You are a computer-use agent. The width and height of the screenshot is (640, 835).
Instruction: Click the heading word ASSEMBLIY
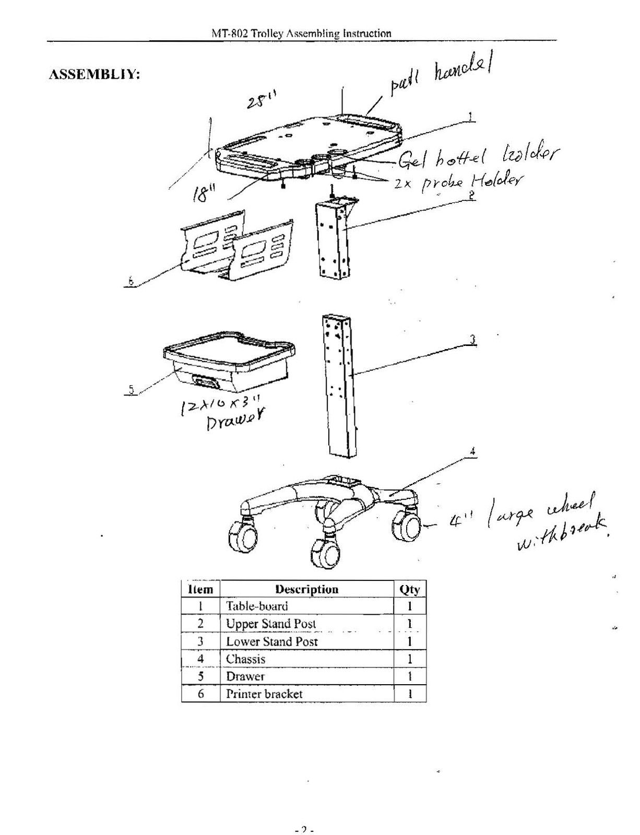click(94, 75)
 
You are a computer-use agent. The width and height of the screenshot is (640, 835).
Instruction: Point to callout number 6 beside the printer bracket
click(131, 281)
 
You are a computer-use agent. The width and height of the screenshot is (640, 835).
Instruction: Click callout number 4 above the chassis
click(472, 452)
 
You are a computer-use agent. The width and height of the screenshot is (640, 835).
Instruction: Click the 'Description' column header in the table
click(306, 589)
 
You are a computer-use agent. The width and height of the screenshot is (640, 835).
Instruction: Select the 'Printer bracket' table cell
click(264, 694)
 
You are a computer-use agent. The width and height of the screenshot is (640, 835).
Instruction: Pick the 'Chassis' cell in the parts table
click(245, 659)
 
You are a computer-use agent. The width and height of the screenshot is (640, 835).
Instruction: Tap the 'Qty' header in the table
click(409, 589)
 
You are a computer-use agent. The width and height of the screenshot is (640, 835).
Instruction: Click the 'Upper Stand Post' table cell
click(271, 624)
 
